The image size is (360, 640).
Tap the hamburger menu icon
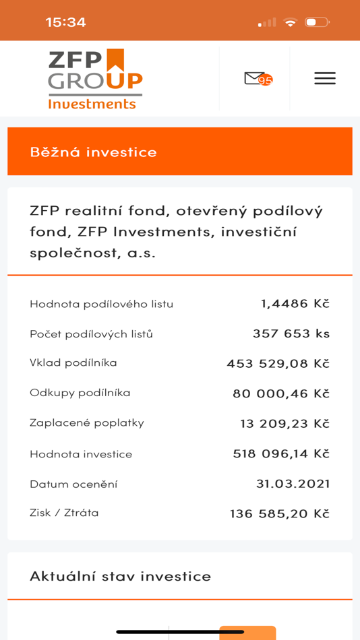[x=324, y=78]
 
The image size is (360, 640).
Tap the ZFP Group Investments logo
[x=95, y=78]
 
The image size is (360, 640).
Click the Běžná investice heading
[x=93, y=152]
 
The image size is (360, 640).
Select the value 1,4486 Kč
[x=295, y=303]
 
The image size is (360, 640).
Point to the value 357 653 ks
[x=291, y=333]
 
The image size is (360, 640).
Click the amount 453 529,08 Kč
[x=278, y=364]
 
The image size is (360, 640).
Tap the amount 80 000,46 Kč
[x=280, y=393]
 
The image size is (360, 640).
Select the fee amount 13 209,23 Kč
[x=284, y=424]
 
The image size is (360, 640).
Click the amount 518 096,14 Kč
[x=280, y=453]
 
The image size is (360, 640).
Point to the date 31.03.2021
[x=293, y=484]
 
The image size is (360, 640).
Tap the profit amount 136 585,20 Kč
[x=279, y=513]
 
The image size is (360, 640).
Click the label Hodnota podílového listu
[x=101, y=304]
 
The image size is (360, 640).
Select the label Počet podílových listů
[x=91, y=333]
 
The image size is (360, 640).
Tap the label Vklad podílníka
[x=73, y=362]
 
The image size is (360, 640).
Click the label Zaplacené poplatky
[x=86, y=422]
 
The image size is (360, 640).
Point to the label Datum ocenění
[x=73, y=484]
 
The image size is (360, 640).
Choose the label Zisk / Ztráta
[x=64, y=513]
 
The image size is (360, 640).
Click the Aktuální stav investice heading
[x=120, y=576]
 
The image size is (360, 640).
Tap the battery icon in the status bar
[x=316, y=22]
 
